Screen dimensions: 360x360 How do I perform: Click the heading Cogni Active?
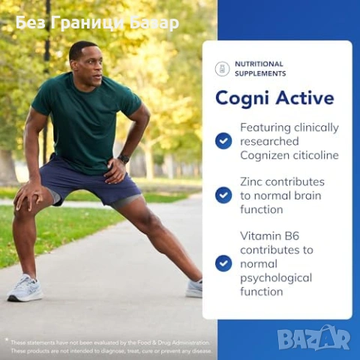[x=274, y=98]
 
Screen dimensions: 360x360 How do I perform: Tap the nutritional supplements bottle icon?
[x=222, y=69]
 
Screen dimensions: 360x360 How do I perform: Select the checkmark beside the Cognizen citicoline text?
[x=223, y=141]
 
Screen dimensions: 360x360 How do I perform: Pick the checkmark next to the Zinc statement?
[x=223, y=195]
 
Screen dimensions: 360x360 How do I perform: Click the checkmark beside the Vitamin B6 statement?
[x=223, y=263]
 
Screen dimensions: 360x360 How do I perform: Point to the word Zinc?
[x=253, y=181]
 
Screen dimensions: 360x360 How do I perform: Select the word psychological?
[x=276, y=277]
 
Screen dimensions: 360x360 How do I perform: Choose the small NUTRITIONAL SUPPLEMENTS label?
[x=259, y=69]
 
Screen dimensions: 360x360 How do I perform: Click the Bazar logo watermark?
[x=314, y=338]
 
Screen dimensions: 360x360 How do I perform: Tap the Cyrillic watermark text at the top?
[x=97, y=23]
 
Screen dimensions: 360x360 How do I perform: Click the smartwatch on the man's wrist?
[x=124, y=159]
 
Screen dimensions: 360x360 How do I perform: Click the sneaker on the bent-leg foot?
[x=25, y=289]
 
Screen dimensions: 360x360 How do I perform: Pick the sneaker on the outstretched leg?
[x=195, y=288]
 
